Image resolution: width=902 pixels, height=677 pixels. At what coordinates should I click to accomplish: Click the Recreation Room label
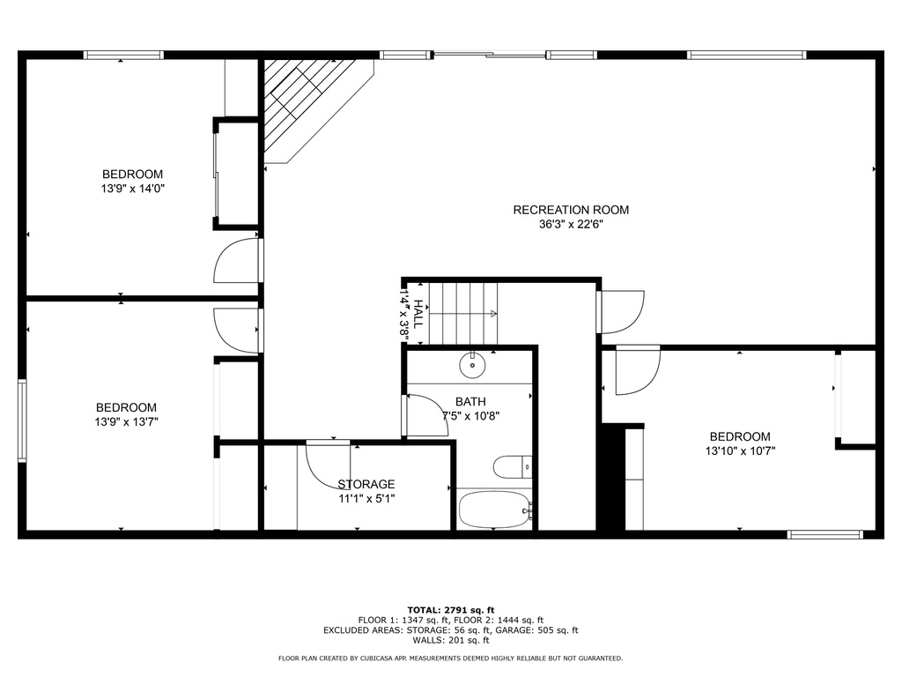[571, 210]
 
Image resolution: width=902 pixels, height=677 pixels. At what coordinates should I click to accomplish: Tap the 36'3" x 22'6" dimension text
[571, 225]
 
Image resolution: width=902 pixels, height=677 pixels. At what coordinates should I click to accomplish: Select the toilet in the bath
[510, 466]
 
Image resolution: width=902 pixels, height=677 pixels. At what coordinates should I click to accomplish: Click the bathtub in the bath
[493, 510]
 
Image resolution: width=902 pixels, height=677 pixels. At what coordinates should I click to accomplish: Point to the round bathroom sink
[472, 362]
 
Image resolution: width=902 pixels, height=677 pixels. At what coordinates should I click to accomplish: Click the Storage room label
[366, 484]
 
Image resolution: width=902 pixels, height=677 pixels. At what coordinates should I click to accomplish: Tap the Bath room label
[470, 402]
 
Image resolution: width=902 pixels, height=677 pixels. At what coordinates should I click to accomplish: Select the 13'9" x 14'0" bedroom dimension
[133, 189]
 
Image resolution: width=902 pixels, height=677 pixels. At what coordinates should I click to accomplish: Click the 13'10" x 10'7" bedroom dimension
[740, 451]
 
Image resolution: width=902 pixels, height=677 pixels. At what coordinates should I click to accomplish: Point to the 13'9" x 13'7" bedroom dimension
[127, 422]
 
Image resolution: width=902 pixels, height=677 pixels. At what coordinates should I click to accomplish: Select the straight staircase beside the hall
[464, 313]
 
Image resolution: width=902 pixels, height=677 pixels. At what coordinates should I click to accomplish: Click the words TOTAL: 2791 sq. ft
[451, 610]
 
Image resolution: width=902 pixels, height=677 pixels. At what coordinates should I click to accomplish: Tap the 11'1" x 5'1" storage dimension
[366, 499]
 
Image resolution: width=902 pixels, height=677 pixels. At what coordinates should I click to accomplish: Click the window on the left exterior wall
[22, 420]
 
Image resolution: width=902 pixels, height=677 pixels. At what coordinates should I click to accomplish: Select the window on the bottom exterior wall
[825, 534]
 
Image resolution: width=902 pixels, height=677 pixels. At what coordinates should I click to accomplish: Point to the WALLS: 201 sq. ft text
[451, 641]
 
